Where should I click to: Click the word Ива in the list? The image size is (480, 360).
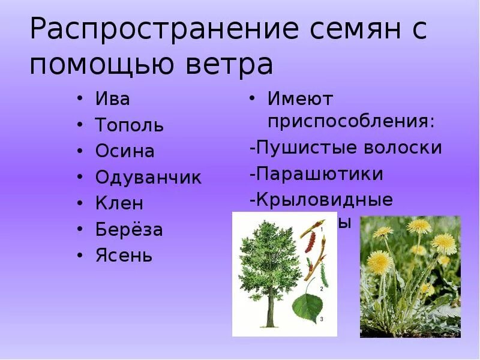click(x=112, y=99)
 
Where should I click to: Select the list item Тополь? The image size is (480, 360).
click(x=129, y=125)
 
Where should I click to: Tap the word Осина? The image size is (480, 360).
click(x=125, y=151)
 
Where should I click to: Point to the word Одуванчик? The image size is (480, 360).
click(x=148, y=178)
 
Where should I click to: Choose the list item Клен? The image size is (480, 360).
click(x=119, y=203)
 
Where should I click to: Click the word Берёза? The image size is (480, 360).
click(x=129, y=229)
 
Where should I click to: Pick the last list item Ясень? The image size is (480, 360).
click(x=124, y=256)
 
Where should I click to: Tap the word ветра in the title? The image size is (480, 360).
click(x=225, y=64)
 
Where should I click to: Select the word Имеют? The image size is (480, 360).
click(x=300, y=98)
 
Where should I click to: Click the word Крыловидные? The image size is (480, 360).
click(x=324, y=200)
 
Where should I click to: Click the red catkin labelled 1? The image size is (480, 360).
click(x=311, y=242)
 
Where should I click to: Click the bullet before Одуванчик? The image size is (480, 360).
click(x=80, y=178)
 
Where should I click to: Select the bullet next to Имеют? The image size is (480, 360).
click(x=254, y=98)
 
